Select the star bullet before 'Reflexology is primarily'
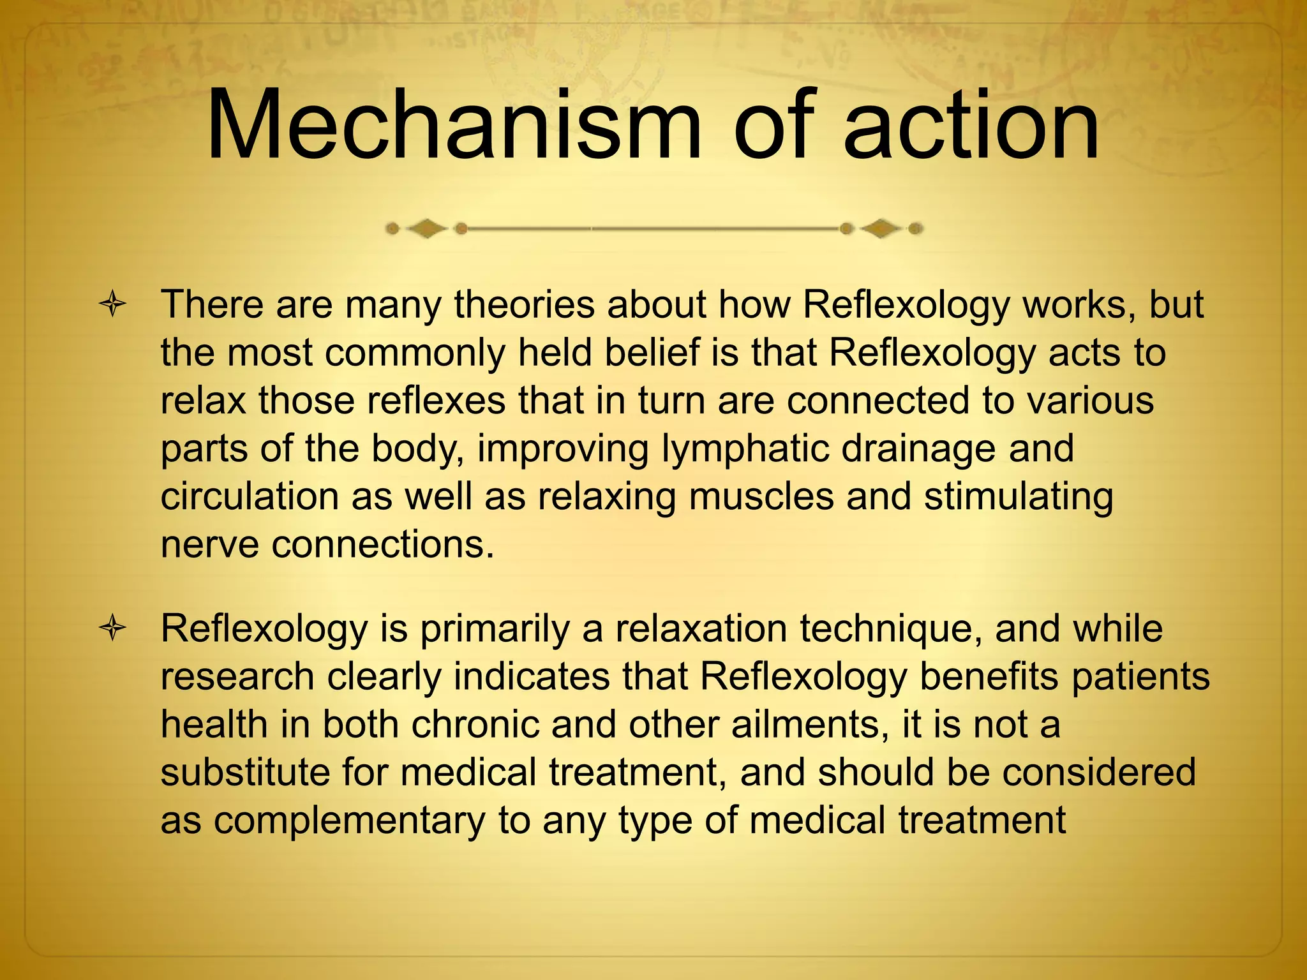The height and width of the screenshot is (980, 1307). [112, 629]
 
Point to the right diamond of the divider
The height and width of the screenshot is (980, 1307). [881, 228]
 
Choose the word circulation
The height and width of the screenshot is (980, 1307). [250, 496]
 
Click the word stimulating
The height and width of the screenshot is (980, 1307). [1019, 496]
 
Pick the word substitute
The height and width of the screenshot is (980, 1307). [244, 773]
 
